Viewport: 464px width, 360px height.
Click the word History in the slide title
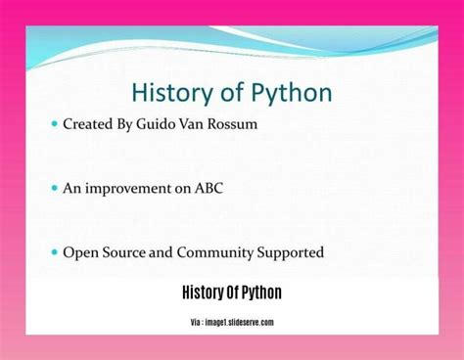[169, 93]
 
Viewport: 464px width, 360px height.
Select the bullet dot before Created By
[54, 125]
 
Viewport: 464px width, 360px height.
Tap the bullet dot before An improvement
[54, 189]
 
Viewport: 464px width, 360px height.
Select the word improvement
[128, 188]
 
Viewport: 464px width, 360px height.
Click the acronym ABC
[207, 188]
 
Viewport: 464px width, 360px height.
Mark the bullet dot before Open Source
[54, 252]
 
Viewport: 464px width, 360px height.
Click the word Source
[125, 252]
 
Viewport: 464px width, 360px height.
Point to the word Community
[215, 252]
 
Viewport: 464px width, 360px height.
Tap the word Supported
[290, 252]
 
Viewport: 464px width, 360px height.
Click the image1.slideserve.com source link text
[241, 323]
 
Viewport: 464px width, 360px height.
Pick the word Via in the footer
[197, 323]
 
